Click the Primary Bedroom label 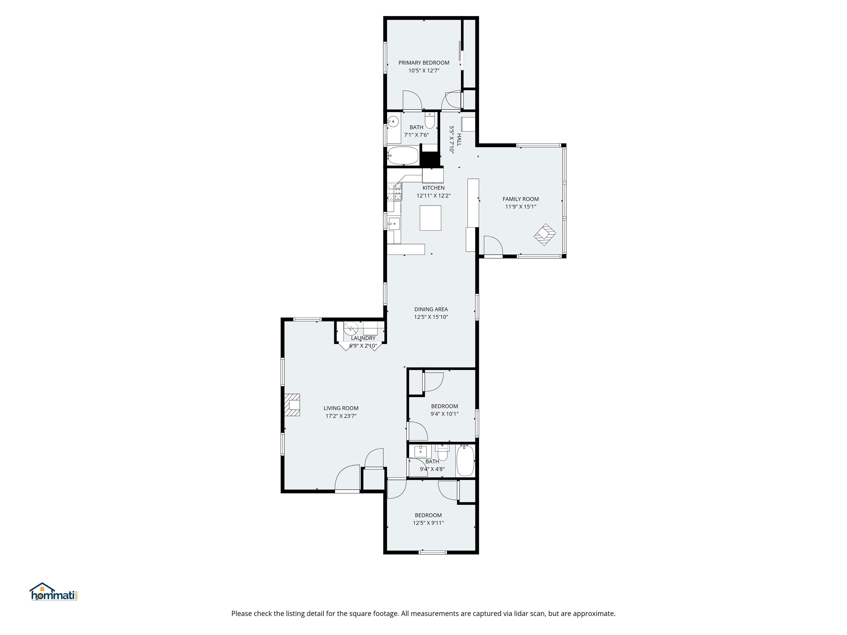(x=423, y=63)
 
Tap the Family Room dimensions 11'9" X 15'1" (x=520, y=207)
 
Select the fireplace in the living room (x=292, y=405)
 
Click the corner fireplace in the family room (x=545, y=233)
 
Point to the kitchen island (x=430, y=218)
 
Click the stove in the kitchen (x=395, y=191)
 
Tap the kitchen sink (x=394, y=224)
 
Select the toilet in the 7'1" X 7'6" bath (x=430, y=121)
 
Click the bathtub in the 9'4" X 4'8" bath (x=465, y=461)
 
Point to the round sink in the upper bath (x=393, y=122)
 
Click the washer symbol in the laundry (x=350, y=328)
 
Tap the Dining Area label (x=431, y=309)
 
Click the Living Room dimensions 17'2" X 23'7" (x=341, y=416)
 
